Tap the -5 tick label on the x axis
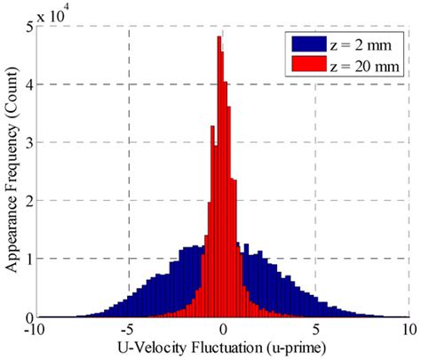pyautogui.click(x=129, y=329)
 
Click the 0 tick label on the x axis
pyautogui.click(x=222, y=329)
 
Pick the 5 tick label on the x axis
pyautogui.click(x=315, y=329)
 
